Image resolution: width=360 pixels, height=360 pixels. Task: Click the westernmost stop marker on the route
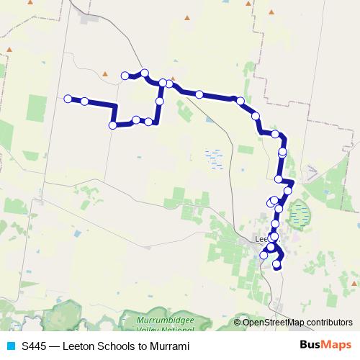pos(68,99)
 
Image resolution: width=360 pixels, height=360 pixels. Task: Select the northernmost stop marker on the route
pos(145,73)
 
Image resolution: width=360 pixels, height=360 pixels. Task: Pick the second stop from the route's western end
pos(85,102)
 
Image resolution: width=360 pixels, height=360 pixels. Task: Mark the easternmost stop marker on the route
pos(288,190)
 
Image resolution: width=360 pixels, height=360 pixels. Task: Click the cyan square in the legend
pos(11,346)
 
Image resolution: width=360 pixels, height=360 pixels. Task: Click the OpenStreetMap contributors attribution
pos(297,322)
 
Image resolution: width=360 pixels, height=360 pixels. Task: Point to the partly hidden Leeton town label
pos(261,238)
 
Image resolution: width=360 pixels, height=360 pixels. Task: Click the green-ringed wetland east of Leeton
pos(298,214)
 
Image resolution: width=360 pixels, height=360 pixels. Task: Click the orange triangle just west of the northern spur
pos(105,73)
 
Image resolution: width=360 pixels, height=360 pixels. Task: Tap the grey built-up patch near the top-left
pos(89,16)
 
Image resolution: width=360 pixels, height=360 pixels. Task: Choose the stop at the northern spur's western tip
pos(125,76)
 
